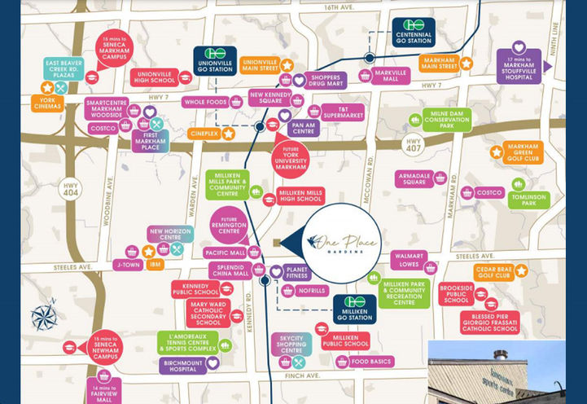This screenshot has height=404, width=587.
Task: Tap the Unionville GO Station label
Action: (215, 60)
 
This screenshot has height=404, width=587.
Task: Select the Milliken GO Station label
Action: (354, 309)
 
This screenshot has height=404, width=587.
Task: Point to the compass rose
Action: (43, 314)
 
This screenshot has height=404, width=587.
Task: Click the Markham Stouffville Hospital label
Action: (519, 65)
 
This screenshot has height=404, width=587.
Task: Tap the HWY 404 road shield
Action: (72, 188)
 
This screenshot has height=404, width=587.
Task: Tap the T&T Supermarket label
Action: (342, 112)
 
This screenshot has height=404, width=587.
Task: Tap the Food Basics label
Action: (371, 362)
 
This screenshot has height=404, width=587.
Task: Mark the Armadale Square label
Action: (414, 178)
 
